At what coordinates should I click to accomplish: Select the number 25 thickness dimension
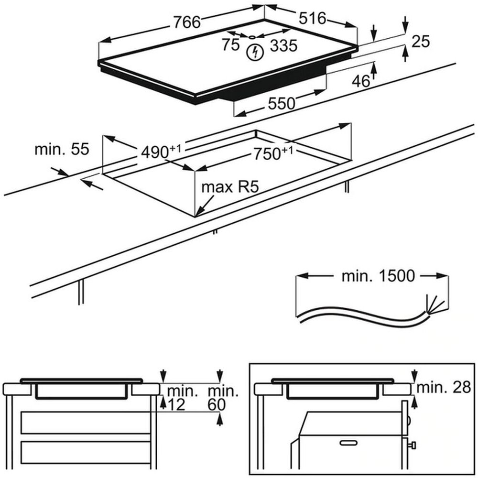(421, 42)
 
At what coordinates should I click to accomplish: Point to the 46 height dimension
(361, 81)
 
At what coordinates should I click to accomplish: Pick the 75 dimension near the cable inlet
(230, 45)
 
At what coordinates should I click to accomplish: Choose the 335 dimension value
(283, 46)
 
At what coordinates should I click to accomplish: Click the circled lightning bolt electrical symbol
(255, 53)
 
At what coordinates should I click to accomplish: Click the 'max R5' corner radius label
(229, 187)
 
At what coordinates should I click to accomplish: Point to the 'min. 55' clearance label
(62, 149)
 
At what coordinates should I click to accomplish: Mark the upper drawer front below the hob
(86, 422)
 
